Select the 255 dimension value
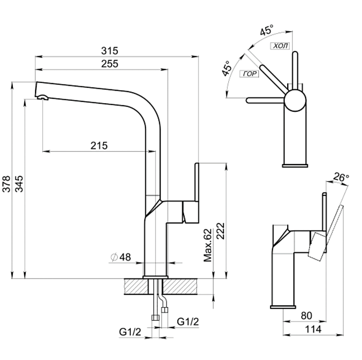click(x=110, y=64)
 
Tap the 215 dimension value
click(x=99, y=146)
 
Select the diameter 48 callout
click(x=120, y=257)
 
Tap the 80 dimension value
click(x=307, y=316)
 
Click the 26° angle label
click(x=341, y=177)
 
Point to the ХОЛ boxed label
click(x=280, y=46)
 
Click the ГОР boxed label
click(x=248, y=73)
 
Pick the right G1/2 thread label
click(x=188, y=321)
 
